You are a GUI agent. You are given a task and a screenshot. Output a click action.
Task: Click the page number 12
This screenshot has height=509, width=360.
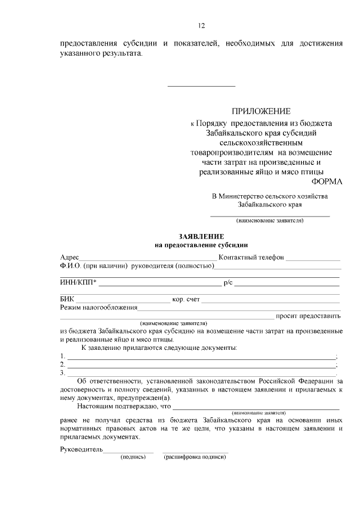pos(201,25)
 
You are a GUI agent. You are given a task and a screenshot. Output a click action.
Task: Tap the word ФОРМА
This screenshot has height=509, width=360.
pos(326,182)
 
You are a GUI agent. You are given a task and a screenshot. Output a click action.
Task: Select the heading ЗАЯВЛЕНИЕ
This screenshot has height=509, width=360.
pos(201,237)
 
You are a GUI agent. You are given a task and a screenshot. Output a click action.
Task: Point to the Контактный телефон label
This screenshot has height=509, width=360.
pos(251,257)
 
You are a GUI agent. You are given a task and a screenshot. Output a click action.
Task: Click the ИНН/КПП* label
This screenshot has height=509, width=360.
pos(78,282)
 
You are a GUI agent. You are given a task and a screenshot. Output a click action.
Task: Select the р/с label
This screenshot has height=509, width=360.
pos(228,282)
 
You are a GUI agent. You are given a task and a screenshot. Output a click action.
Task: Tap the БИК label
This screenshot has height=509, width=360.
pos(67,299)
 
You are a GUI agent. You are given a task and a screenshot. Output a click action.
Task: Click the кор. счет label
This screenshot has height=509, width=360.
pos(186,299)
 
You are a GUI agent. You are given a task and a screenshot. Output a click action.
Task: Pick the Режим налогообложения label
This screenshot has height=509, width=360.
pos(98,308)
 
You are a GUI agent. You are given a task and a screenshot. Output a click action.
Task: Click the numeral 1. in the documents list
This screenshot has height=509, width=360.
pos(62,356)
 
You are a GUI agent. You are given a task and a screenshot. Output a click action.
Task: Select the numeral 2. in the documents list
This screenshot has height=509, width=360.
pos(62,364)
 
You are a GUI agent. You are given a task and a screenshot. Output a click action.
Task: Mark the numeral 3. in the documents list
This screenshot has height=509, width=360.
pos(62,372)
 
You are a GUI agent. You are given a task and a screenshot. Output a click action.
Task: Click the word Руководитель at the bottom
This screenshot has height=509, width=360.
pos(81,450)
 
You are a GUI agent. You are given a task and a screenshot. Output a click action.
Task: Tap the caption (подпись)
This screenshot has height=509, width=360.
pos(133,457)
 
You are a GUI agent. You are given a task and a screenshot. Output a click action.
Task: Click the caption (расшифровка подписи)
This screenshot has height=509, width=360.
pos(195,457)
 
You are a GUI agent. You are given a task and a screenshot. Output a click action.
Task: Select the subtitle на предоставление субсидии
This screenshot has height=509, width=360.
pos(201,245)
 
